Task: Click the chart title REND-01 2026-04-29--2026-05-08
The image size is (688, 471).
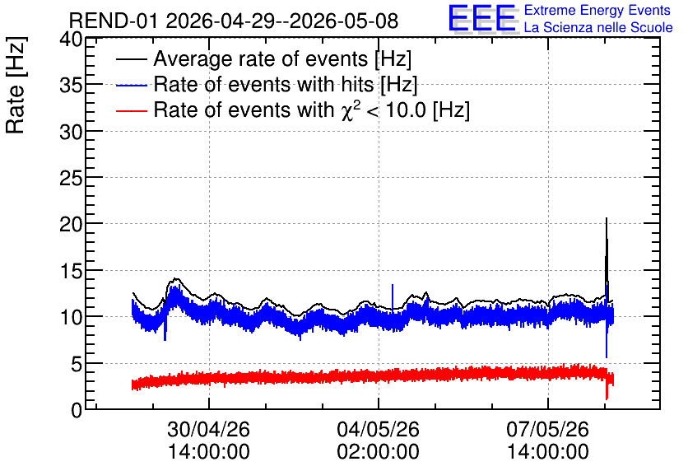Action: [234, 21]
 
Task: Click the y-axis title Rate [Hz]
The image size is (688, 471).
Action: [16, 85]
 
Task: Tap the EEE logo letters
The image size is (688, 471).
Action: [483, 19]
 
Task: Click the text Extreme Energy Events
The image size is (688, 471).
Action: [597, 10]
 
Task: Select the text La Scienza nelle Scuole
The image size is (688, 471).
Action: [598, 27]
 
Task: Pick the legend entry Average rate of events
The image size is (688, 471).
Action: [282, 58]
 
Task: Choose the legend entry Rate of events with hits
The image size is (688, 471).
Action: [286, 84]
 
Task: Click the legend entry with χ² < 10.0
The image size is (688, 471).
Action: [312, 110]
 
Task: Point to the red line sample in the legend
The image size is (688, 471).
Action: [131, 111]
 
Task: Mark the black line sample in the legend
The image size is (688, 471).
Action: [131, 59]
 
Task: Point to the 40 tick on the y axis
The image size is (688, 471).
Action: [71, 40]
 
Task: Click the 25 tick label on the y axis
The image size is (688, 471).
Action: [71, 178]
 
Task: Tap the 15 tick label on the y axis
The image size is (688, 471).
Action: [71, 271]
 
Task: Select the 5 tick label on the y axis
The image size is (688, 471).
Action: [77, 364]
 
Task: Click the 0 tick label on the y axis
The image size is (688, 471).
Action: [77, 410]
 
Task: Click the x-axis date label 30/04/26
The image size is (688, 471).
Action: [209, 429]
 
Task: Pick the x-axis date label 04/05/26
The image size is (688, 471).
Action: [379, 429]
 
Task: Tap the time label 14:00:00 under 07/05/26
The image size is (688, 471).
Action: [548, 452]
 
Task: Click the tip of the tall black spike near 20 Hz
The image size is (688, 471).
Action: [607, 217]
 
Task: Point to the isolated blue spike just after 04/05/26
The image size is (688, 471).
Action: [393, 296]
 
